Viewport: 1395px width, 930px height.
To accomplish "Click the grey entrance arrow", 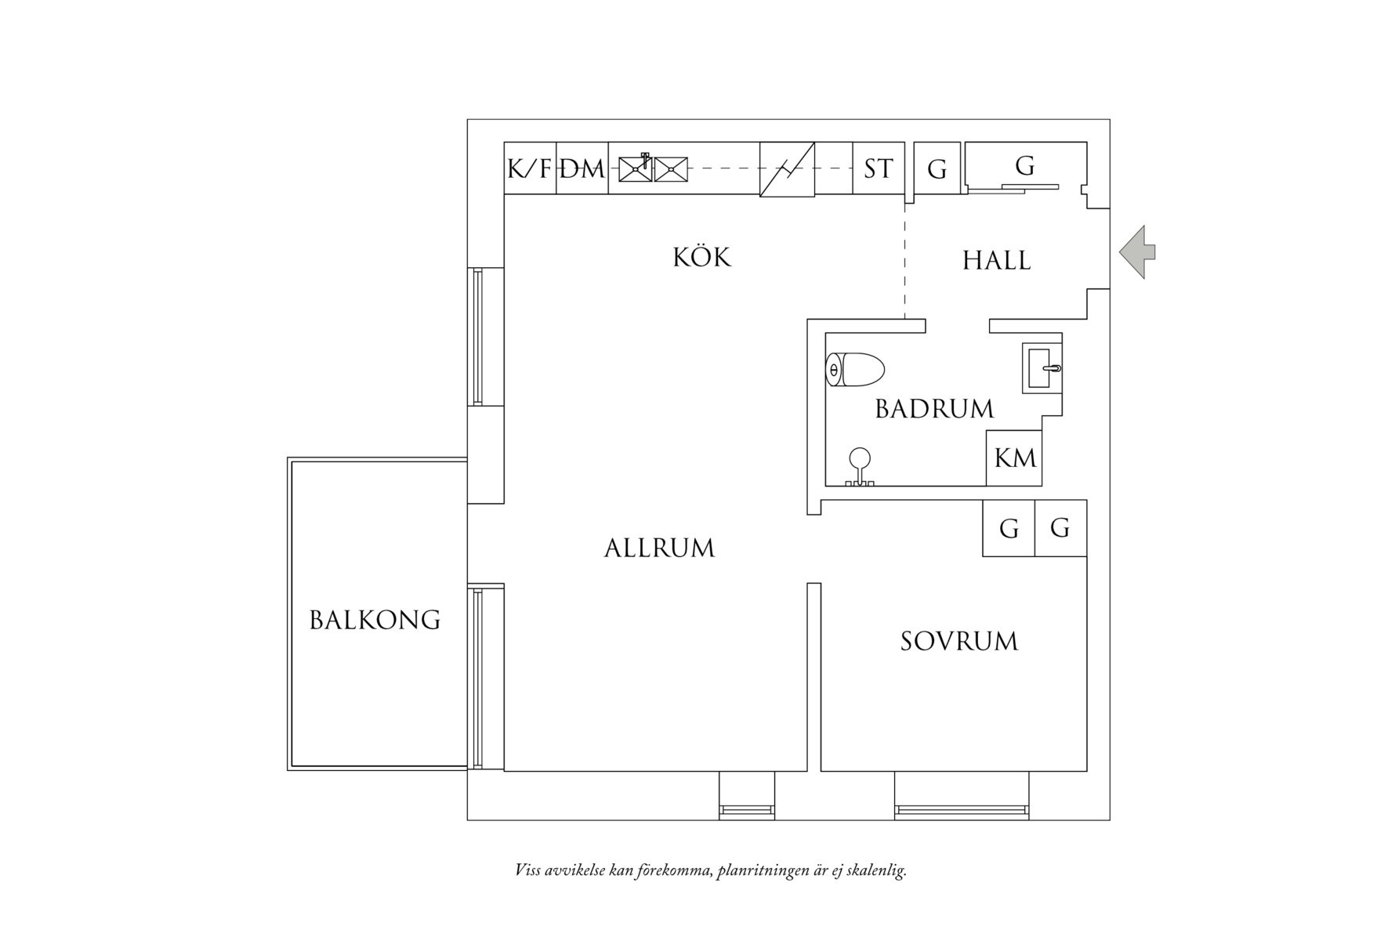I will tap(1137, 251).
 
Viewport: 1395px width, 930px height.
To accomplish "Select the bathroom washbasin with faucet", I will tap(1042, 368).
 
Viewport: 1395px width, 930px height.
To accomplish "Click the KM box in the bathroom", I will tap(1014, 458).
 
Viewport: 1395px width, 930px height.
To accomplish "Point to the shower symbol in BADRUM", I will tap(860, 466).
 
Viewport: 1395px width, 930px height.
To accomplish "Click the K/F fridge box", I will tap(530, 168).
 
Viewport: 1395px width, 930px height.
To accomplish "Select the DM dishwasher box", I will tap(582, 168).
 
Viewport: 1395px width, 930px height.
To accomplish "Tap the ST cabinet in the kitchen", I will tap(878, 168).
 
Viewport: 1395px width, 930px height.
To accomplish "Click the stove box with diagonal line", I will tap(787, 169).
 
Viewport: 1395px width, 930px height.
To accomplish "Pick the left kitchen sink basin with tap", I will tap(636, 168).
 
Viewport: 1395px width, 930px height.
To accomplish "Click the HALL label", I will tap(996, 261).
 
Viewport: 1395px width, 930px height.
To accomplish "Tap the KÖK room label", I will tap(701, 258).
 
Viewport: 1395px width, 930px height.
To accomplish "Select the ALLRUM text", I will tap(659, 548).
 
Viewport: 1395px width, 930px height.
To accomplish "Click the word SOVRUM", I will tap(958, 642).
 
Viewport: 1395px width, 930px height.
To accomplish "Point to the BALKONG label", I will tap(375, 621).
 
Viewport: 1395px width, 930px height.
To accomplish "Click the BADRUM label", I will tap(933, 409).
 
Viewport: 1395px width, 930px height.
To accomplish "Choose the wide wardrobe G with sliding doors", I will tap(1024, 166).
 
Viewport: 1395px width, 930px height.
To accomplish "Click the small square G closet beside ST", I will tap(937, 168).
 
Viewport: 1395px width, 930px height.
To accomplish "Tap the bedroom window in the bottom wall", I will tap(962, 810).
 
